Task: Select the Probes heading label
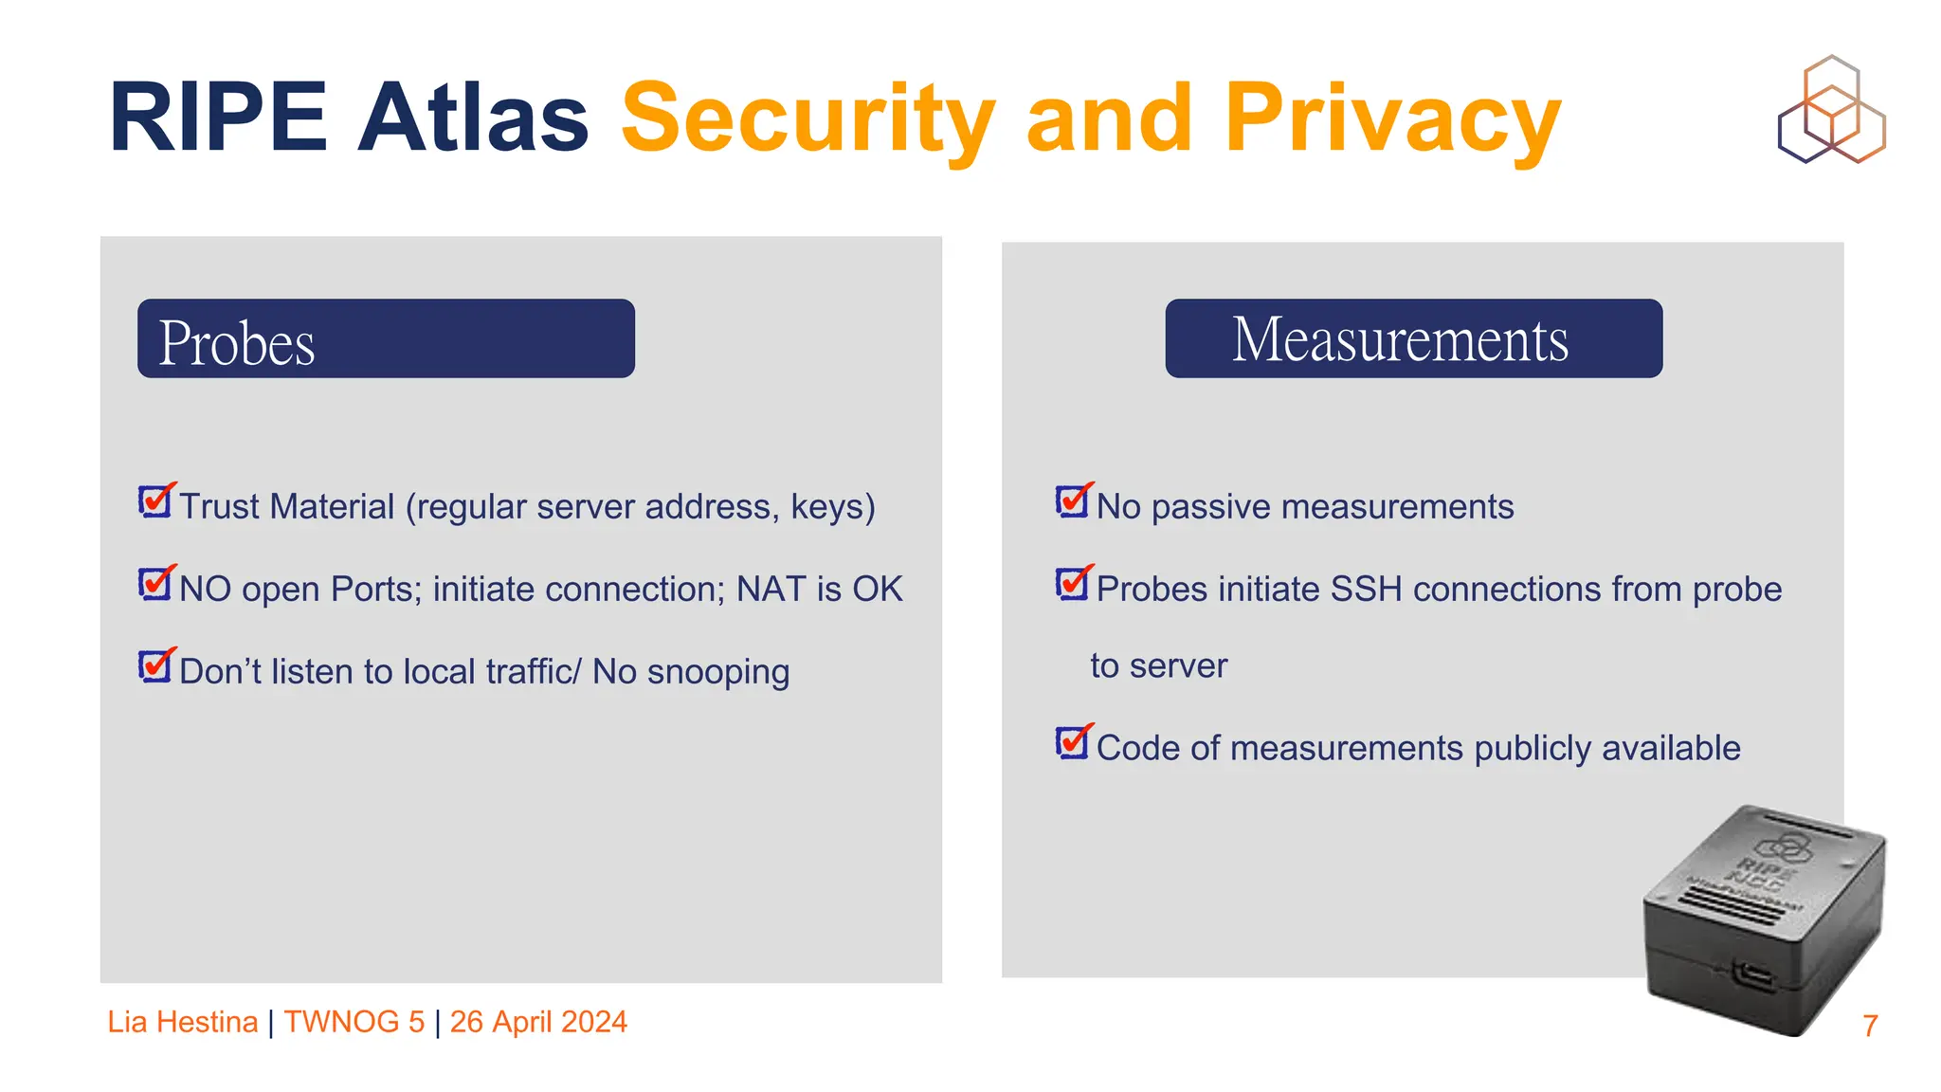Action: coord(237,342)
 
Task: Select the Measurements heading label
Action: coord(1400,339)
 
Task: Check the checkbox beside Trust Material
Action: coord(155,500)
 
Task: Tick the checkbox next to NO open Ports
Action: coord(155,583)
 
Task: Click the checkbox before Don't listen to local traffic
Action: coord(155,665)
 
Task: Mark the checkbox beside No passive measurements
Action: coord(1073,500)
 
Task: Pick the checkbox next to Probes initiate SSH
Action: coord(1073,583)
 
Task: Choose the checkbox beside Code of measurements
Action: coord(1073,741)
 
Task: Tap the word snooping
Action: coord(717,672)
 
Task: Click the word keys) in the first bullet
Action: coord(833,507)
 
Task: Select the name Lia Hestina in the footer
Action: coord(183,1022)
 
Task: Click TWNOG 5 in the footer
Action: coord(354,1022)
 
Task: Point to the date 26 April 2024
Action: coord(538,1022)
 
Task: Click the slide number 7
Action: coord(1869,1026)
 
